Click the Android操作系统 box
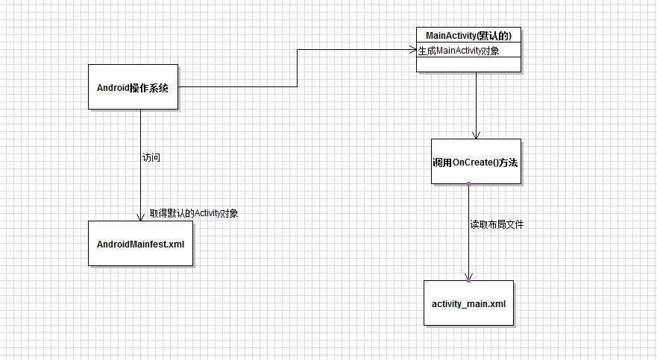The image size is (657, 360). [133, 87]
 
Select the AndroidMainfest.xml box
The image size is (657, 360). [140, 243]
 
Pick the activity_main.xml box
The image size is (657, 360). [468, 303]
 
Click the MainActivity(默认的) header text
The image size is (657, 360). [468, 36]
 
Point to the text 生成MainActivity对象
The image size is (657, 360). [459, 51]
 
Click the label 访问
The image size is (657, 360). [151, 158]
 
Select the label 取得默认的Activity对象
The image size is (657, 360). [194, 213]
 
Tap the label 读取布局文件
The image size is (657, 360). [496, 224]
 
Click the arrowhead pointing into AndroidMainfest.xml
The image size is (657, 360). [140, 217]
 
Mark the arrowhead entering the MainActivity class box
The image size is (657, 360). [412, 50]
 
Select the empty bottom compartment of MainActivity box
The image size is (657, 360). [468, 65]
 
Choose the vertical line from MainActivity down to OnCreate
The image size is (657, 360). [476, 104]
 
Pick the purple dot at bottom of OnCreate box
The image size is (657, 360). [468, 183]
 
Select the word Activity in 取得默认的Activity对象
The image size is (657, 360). [209, 213]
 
